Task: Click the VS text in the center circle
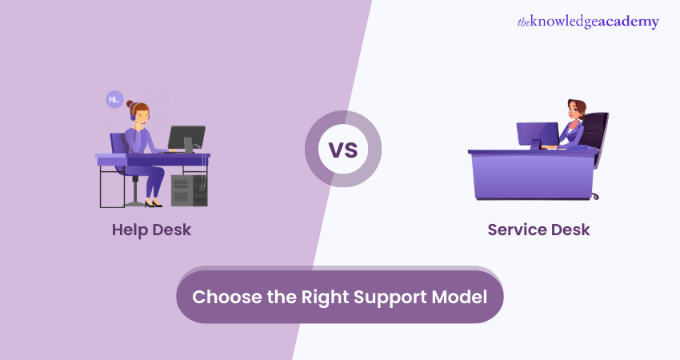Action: tap(342, 150)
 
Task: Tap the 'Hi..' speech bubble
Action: tap(114, 100)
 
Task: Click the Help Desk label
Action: tap(151, 230)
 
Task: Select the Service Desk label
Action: tap(538, 230)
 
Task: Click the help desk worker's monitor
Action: tap(186, 137)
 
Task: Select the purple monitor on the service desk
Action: tap(537, 134)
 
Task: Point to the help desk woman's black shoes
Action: tap(151, 204)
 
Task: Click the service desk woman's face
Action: tap(574, 111)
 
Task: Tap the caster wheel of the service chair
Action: tap(594, 196)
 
